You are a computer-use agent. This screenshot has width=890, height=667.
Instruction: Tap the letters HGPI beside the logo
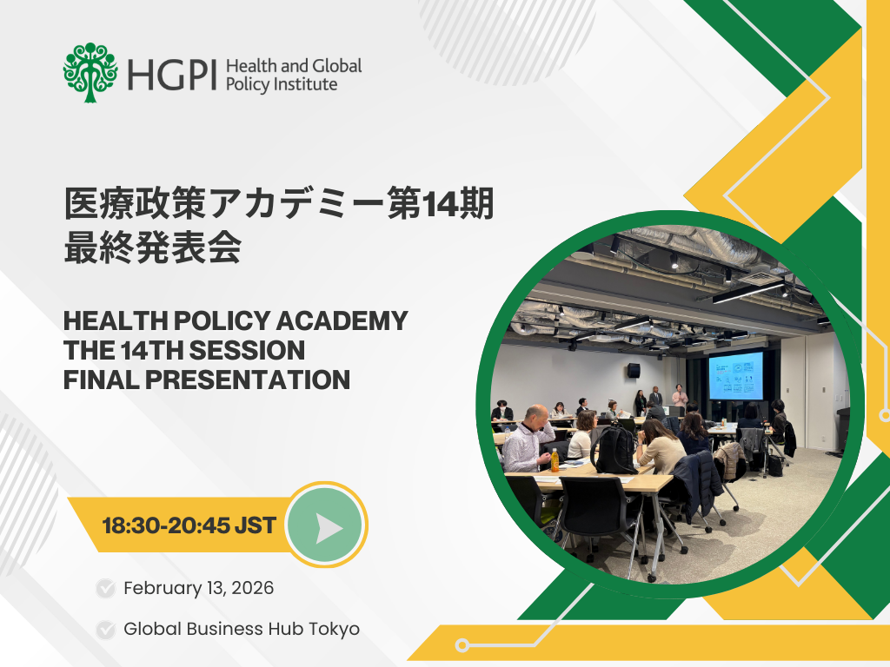pos(171,76)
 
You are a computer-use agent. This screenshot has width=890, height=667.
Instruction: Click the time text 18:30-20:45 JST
pos(189,525)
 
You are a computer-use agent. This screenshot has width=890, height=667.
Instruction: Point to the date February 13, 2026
pos(198,588)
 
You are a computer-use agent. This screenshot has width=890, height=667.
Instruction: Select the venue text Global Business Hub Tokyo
pos(241,629)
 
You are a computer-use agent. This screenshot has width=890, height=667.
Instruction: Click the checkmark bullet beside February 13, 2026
pos(106,589)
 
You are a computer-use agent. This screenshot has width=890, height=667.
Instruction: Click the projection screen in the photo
pos(735,375)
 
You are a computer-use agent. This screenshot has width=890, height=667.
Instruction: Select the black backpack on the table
pos(614,449)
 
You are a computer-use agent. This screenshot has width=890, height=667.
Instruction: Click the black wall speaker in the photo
pos(634,371)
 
